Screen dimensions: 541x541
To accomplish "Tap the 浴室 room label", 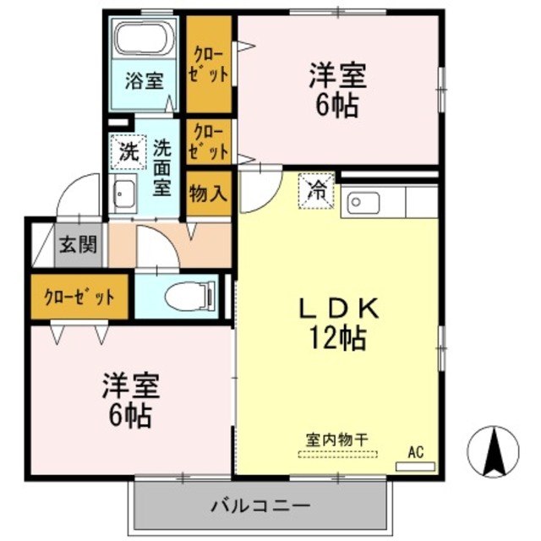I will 144,81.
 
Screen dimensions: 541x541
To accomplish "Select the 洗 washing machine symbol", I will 127,154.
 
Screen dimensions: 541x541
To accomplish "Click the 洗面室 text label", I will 161,167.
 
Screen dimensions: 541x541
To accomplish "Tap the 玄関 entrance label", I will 79,246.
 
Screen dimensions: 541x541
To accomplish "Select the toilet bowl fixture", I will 186,297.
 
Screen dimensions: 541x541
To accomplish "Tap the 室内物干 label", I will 341,440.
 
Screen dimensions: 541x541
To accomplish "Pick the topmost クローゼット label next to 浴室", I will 210,63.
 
